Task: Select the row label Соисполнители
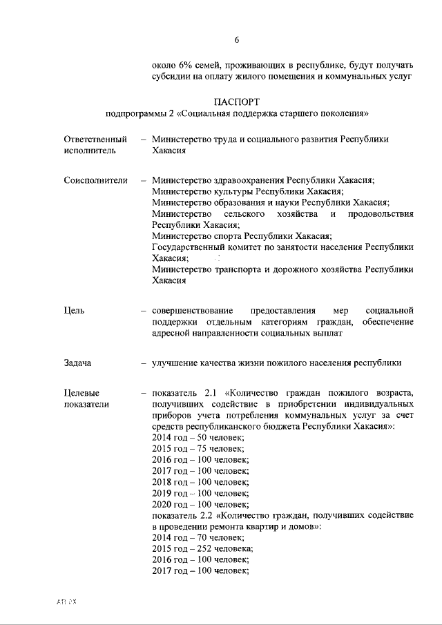(95, 180)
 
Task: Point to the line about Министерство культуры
(248, 191)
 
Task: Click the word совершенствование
(193, 310)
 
